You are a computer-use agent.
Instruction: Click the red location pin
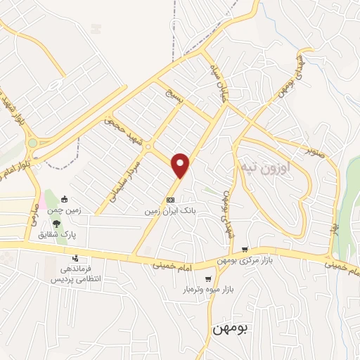181,165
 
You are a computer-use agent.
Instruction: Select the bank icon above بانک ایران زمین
169,200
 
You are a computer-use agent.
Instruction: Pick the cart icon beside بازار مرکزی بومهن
245,249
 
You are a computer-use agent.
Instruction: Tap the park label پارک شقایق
58,233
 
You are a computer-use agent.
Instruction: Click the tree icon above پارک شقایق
56,222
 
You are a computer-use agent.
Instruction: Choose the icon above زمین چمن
65,199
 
